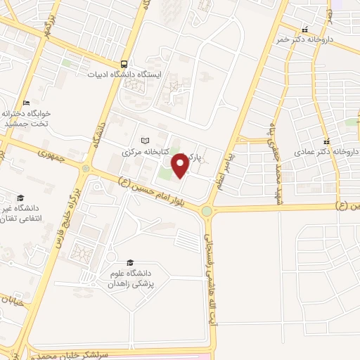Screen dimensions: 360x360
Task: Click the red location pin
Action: tap(180, 165)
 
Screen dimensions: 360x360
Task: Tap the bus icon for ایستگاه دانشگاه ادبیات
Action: tap(124, 63)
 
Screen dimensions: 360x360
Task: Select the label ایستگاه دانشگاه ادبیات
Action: tap(124, 74)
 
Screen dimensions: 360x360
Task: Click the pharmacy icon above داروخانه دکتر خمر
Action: tap(304, 30)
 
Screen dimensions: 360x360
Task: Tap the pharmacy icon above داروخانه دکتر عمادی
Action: tap(327, 141)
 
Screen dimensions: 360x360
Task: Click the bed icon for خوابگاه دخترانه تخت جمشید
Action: tap(26, 102)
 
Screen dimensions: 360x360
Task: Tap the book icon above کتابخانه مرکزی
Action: tap(146, 141)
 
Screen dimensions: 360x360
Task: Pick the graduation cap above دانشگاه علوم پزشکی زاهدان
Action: tap(129, 260)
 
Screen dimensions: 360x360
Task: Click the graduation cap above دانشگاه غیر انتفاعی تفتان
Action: tap(20, 198)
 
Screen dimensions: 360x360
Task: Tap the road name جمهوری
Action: tap(53, 157)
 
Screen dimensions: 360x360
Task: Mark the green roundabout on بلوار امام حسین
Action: tap(207, 211)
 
